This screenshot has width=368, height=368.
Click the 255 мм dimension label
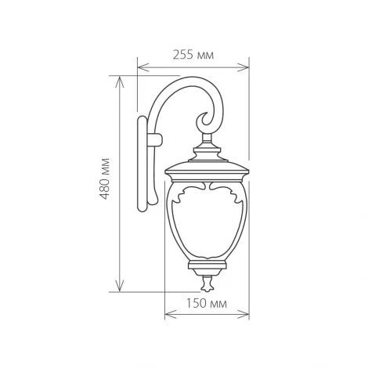pos(193,55)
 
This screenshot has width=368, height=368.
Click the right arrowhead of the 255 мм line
pos(245,67)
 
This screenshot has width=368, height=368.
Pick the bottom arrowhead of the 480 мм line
pos(120,287)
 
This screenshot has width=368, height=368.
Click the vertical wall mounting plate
pos(142,164)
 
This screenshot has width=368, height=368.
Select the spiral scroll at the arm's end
pos(205,121)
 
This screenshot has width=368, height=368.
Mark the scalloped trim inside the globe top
pos(207,192)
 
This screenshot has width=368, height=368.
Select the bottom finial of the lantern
pos(207,282)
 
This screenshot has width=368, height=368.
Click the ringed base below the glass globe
pos(207,266)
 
